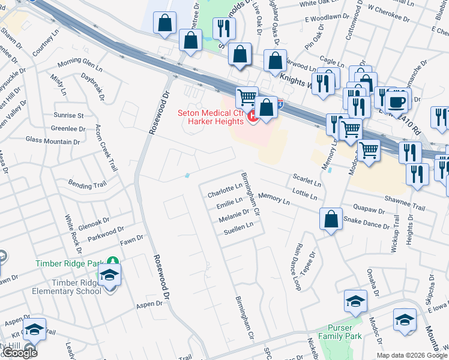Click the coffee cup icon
(397, 100)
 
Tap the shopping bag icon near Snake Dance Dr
(331, 219)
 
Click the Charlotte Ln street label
(224, 191)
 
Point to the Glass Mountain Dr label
(53, 140)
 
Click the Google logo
(20, 352)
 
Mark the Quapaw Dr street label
(369, 211)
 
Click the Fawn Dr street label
(131, 239)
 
